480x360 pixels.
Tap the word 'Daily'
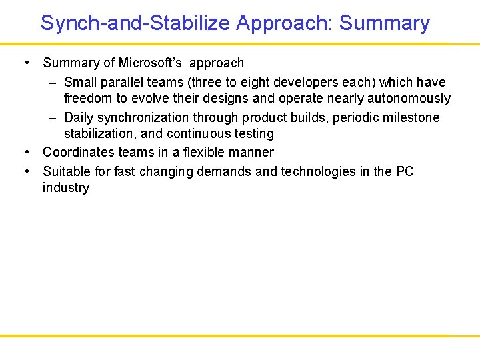79,118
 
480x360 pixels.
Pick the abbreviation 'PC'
405,172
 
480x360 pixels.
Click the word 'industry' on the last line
65,188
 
